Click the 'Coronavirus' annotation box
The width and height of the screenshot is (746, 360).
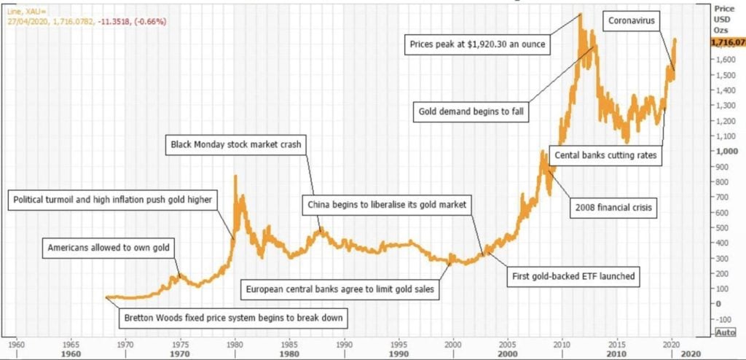pyautogui.click(x=632, y=21)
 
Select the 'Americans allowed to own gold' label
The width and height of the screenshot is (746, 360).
pyautogui.click(x=109, y=248)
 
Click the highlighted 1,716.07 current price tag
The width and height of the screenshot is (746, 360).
pyautogui.click(x=729, y=42)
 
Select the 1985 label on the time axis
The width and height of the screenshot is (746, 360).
pyautogui.click(x=289, y=343)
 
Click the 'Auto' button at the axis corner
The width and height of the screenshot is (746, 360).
pyautogui.click(x=725, y=332)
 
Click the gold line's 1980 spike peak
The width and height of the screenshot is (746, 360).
pyautogui.click(x=235, y=176)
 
